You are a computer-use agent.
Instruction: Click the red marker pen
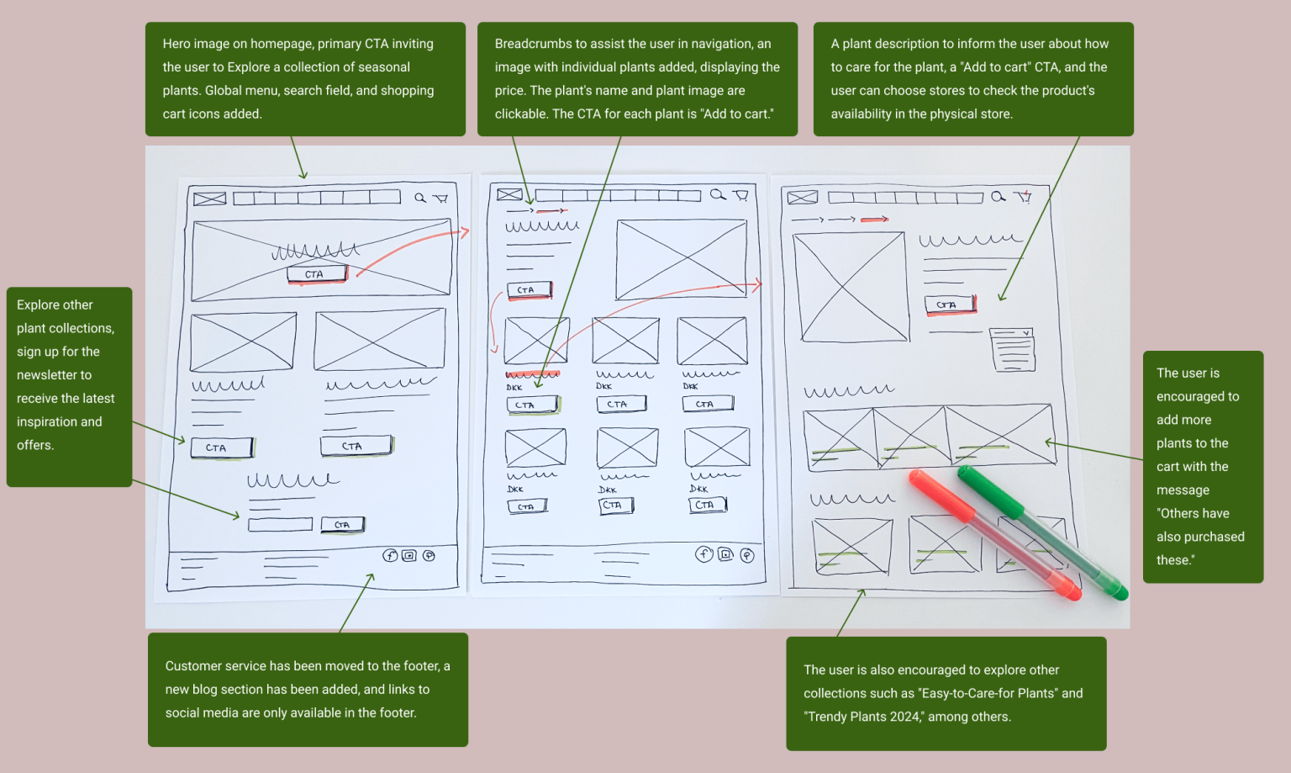[994, 535]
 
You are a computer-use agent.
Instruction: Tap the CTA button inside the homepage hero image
[318, 273]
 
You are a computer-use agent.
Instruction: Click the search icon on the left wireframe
[420, 198]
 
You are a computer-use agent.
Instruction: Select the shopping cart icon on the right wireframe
[1025, 197]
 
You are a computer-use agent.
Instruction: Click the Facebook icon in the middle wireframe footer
[703, 554]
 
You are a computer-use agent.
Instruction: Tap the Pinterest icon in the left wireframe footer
[429, 555]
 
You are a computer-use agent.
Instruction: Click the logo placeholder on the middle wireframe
[509, 194]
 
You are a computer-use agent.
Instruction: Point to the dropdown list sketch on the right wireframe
[1013, 350]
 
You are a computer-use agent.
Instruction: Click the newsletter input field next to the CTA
[280, 524]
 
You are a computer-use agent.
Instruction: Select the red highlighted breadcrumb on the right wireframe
[874, 220]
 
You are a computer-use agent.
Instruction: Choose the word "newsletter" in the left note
[54, 375]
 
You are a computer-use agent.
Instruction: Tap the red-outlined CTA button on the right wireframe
[951, 304]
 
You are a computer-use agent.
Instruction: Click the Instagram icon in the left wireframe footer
[409, 555]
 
